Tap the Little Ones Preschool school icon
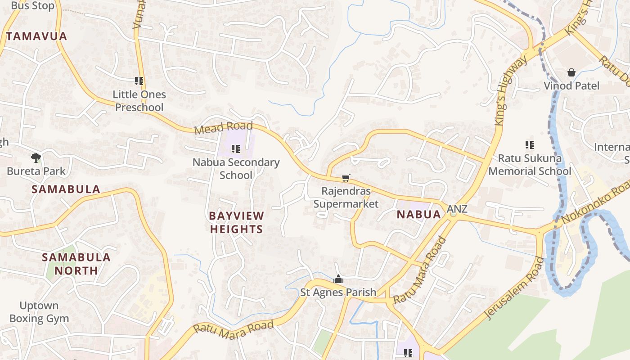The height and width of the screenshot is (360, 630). tap(139, 81)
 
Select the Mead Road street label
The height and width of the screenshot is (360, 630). tap(224, 127)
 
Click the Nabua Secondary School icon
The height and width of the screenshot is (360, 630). tap(236, 148)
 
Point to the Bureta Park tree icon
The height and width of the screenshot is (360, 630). tap(36, 157)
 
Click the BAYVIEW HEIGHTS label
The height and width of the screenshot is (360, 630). tap(236, 222)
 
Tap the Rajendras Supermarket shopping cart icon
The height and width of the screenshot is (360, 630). tap(346, 178)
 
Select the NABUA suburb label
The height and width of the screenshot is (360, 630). tap(419, 214)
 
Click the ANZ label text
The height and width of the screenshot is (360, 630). tap(457, 209)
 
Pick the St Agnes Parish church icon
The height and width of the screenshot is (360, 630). tap(338, 279)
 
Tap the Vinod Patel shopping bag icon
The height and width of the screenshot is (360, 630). tap(571, 72)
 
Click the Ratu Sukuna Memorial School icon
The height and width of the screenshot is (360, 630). tap(530, 145)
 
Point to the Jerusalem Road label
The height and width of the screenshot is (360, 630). tap(516, 288)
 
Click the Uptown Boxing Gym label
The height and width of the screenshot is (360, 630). tap(39, 312)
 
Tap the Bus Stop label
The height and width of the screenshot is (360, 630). tap(32, 6)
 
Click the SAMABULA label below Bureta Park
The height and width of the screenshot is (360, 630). tap(66, 189)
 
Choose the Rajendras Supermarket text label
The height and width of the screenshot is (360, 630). tap(346, 198)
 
